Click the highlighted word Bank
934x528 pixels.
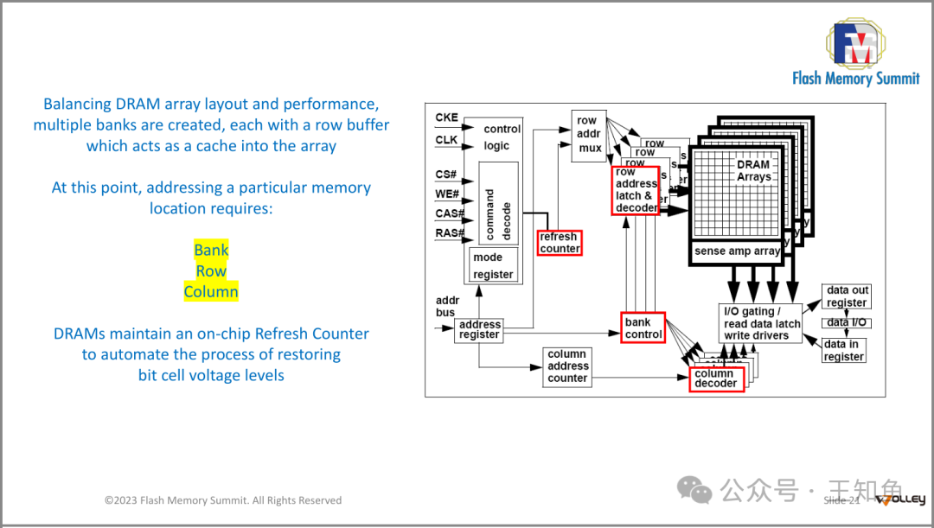tap(211, 250)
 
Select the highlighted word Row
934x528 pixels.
tap(211, 270)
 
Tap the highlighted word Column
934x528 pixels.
tap(211, 291)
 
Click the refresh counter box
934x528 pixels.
tap(560, 243)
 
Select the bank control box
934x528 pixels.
tap(643, 328)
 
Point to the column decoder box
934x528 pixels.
tap(716, 379)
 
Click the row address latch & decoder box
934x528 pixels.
tap(637, 190)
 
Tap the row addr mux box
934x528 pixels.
tap(588, 134)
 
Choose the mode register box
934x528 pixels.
tap(493, 265)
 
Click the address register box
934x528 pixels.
tap(479, 329)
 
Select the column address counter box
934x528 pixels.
tap(567, 366)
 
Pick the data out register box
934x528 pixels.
tap(846, 296)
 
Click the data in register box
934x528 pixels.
tap(843, 350)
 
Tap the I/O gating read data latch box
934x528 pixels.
tap(761, 323)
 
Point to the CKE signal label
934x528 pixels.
tap(446, 118)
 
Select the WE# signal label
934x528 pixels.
tap(447, 194)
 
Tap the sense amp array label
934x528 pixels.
tap(737, 251)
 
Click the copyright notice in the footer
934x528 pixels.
tap(223, 500)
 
